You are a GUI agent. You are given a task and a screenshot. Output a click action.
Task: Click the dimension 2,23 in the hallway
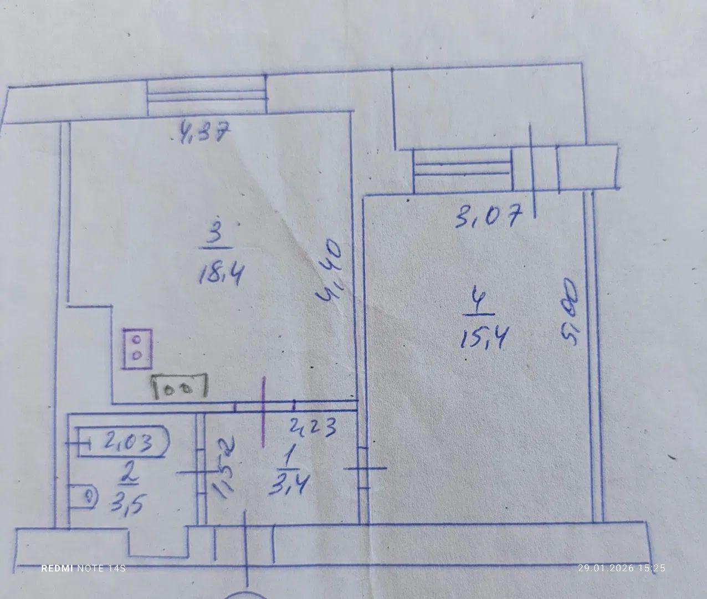point(314,427)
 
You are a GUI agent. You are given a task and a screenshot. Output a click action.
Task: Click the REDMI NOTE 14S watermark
point(83,569)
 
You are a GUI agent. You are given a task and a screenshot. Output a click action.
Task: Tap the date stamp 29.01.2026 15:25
point(621,568)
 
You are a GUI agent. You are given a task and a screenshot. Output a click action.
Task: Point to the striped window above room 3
point(207,96)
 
